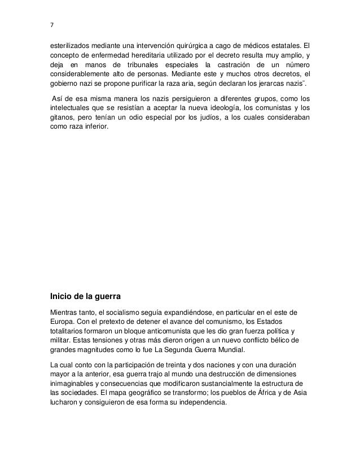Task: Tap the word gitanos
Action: (61, 121)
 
